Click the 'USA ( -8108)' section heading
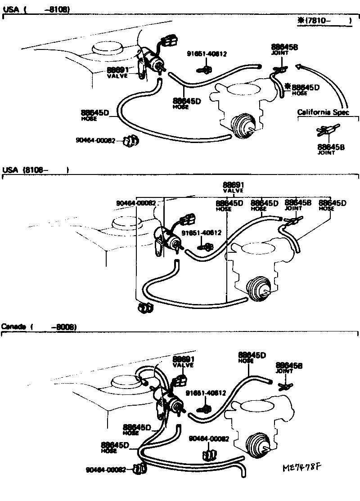pyautogui.click(x=36, y=9)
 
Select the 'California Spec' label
pyautogui.click(x=323, y=112)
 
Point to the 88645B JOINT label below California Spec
pyautogui.click(x=331, y=149)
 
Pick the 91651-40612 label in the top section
pyautogui.click(x=207, y=54)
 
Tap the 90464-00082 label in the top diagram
pyautogui.click(x=98, y=140)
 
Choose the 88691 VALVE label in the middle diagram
pyautogui.click(x=233, y=187)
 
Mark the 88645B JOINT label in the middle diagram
pyautogui.click(x=298, y=205)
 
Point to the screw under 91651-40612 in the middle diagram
pyautogui.click(x=207, y=246)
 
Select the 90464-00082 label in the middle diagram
pyautogui.click(x=136, y=203)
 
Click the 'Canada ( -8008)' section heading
pyautogui.click(x=39, y=327)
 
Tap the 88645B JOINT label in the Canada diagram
pyautogui.click(x=289, y=367)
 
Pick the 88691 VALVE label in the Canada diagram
pyautogui.click(x=183, y=361)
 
